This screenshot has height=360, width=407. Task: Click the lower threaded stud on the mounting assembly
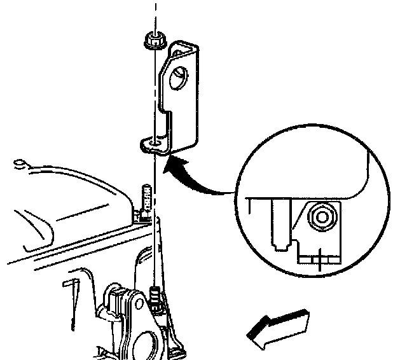coord(154,298)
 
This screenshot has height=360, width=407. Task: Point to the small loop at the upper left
coord(22,166)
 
